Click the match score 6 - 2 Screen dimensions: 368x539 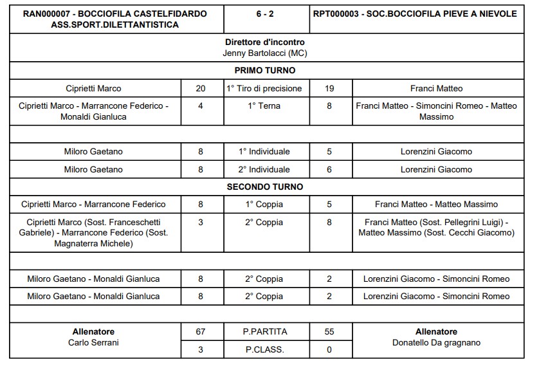265,14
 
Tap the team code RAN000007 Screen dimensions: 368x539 47,14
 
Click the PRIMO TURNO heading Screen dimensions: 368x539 265,71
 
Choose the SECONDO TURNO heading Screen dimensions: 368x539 265,187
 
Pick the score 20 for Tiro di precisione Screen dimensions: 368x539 201,89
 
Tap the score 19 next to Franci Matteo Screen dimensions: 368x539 329,89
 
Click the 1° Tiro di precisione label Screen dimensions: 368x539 265,89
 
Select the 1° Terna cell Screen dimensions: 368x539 265,106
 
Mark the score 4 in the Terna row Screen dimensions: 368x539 201,106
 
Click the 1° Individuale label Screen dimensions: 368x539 265,152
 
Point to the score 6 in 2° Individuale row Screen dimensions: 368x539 329,169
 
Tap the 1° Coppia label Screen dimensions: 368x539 265,204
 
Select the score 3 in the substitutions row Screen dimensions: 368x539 201,222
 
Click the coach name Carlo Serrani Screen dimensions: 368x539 93,343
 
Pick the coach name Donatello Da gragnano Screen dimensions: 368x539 436,343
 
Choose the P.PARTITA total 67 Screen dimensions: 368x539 201,332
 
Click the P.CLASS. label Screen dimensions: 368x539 265,349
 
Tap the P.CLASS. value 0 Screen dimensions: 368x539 329,349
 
